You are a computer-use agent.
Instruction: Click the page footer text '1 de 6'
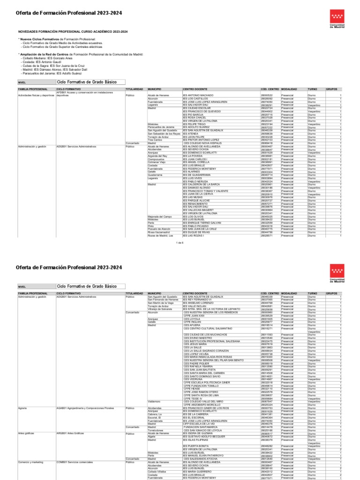(180, 243)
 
